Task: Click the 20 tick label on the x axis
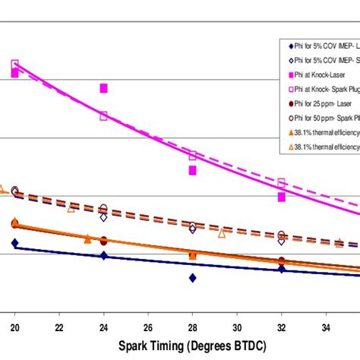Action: (14, 327)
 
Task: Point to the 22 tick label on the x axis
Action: (59, 327)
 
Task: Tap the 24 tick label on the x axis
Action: (103, 327)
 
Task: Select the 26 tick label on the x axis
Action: (148, 327)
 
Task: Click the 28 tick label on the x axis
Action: (192, 327)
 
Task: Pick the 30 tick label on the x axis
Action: (237, 327)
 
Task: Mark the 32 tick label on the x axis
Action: (281, 327)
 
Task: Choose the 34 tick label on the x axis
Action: (326, 327)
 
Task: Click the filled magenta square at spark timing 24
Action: (103, 89)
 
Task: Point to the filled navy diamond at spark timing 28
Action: (192, 278)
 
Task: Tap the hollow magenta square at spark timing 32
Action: (281, 183)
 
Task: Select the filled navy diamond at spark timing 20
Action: (14, 243)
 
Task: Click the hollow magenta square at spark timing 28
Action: (192, 155)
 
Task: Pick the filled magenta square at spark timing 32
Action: (281, 197)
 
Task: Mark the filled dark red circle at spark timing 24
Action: (103, 240)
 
